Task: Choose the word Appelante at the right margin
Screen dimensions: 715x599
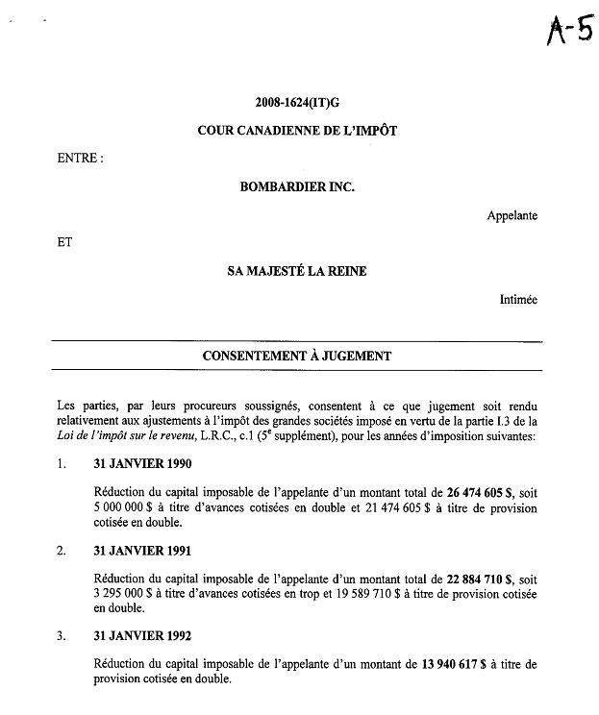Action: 512,215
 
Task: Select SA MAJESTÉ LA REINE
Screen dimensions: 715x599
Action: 296,271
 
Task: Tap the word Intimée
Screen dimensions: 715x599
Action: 518,300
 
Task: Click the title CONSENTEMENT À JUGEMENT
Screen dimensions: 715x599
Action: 296,356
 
